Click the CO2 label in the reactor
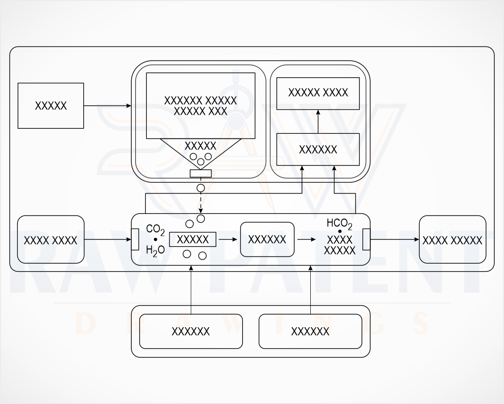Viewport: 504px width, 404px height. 155,230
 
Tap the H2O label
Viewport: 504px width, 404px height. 155,250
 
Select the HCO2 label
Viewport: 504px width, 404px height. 340,224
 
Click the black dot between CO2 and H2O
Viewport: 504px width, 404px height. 155,239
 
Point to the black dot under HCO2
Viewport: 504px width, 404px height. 340,231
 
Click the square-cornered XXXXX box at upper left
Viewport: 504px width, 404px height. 51,106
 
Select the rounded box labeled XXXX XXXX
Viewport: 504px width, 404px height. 51,240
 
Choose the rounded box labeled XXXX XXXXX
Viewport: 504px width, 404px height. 453,240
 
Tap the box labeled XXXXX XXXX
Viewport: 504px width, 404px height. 318,93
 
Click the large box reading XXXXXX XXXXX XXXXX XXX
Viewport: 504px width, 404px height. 201,106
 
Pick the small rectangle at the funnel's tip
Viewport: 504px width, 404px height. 201,173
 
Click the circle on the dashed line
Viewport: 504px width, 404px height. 201,188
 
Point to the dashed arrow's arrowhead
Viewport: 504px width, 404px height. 201,211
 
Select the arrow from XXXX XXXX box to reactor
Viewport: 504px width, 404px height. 107,239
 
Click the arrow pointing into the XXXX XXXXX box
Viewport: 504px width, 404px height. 395,239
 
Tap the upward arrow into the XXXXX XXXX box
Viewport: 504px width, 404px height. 318,122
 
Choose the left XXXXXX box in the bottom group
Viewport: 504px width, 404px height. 191,331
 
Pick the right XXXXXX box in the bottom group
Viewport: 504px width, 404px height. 310,331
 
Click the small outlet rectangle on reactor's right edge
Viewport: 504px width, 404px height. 366,239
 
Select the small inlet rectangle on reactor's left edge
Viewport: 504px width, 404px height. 135,239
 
